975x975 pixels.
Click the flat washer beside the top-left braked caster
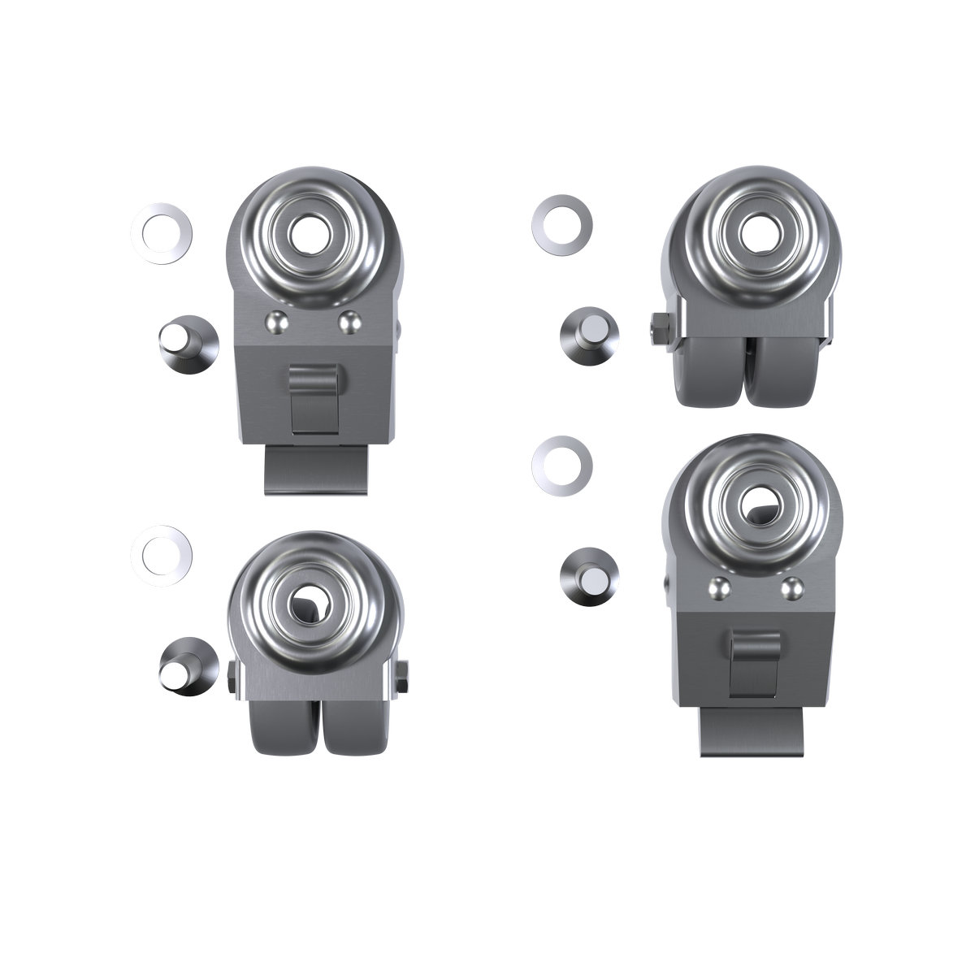(162, 232)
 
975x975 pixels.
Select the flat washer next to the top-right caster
(561, 223)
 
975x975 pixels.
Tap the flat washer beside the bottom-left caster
(162, 557)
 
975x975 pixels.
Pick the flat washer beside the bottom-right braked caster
(561, 464)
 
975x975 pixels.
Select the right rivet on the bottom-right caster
(790, 586)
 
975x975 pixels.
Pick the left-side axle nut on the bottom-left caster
(232, 676)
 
